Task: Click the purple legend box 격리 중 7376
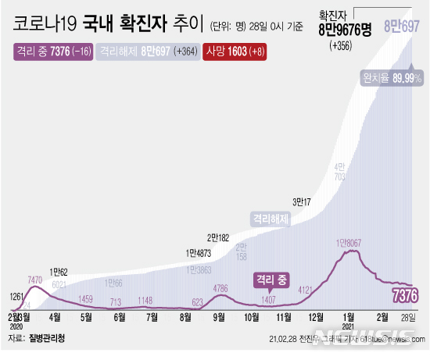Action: [51, 52]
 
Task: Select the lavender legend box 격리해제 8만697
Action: [146, 52]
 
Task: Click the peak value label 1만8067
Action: [350, 243]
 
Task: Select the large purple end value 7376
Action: [407, 294]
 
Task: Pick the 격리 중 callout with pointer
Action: [270, 279]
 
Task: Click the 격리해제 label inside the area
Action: [270, 219]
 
